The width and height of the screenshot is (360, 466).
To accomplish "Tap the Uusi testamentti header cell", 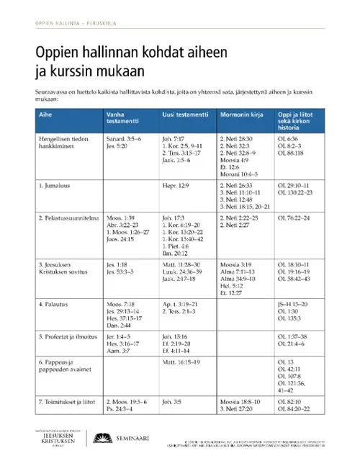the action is coord(186,115).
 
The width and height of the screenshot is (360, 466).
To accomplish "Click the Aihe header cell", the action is coord(45,115).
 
